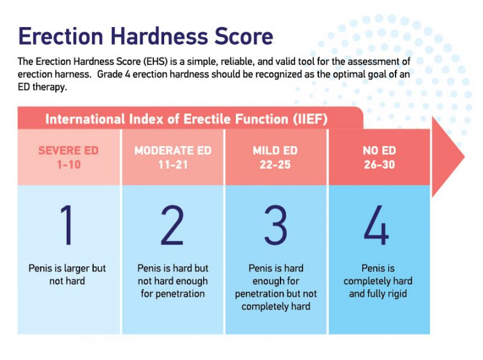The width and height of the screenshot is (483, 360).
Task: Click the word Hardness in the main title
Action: pos(158,36)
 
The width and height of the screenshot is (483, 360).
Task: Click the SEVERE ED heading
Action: pos(69,150)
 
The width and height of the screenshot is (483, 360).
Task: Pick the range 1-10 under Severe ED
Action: pos(69,165)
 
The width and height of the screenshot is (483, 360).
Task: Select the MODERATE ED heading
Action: pos(173,150)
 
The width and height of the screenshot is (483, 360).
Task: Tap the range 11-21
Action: pos(173,165)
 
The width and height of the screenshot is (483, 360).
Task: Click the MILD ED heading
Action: pos(275,150)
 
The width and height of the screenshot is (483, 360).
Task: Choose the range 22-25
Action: pos(275,165)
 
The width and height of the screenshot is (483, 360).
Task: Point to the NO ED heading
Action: pos(379,150)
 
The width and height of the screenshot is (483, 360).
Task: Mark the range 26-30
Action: pos(379,165)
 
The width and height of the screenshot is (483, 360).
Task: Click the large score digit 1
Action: pos(67,225)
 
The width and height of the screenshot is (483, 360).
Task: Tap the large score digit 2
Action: pos(172,225)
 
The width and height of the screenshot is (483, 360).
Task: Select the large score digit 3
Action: pos(275,225)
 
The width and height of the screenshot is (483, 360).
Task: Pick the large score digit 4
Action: pos(377,225)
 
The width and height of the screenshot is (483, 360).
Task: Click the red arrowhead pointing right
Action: pos(447,157)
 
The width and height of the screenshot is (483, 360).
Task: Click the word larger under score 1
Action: pos(77,269)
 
